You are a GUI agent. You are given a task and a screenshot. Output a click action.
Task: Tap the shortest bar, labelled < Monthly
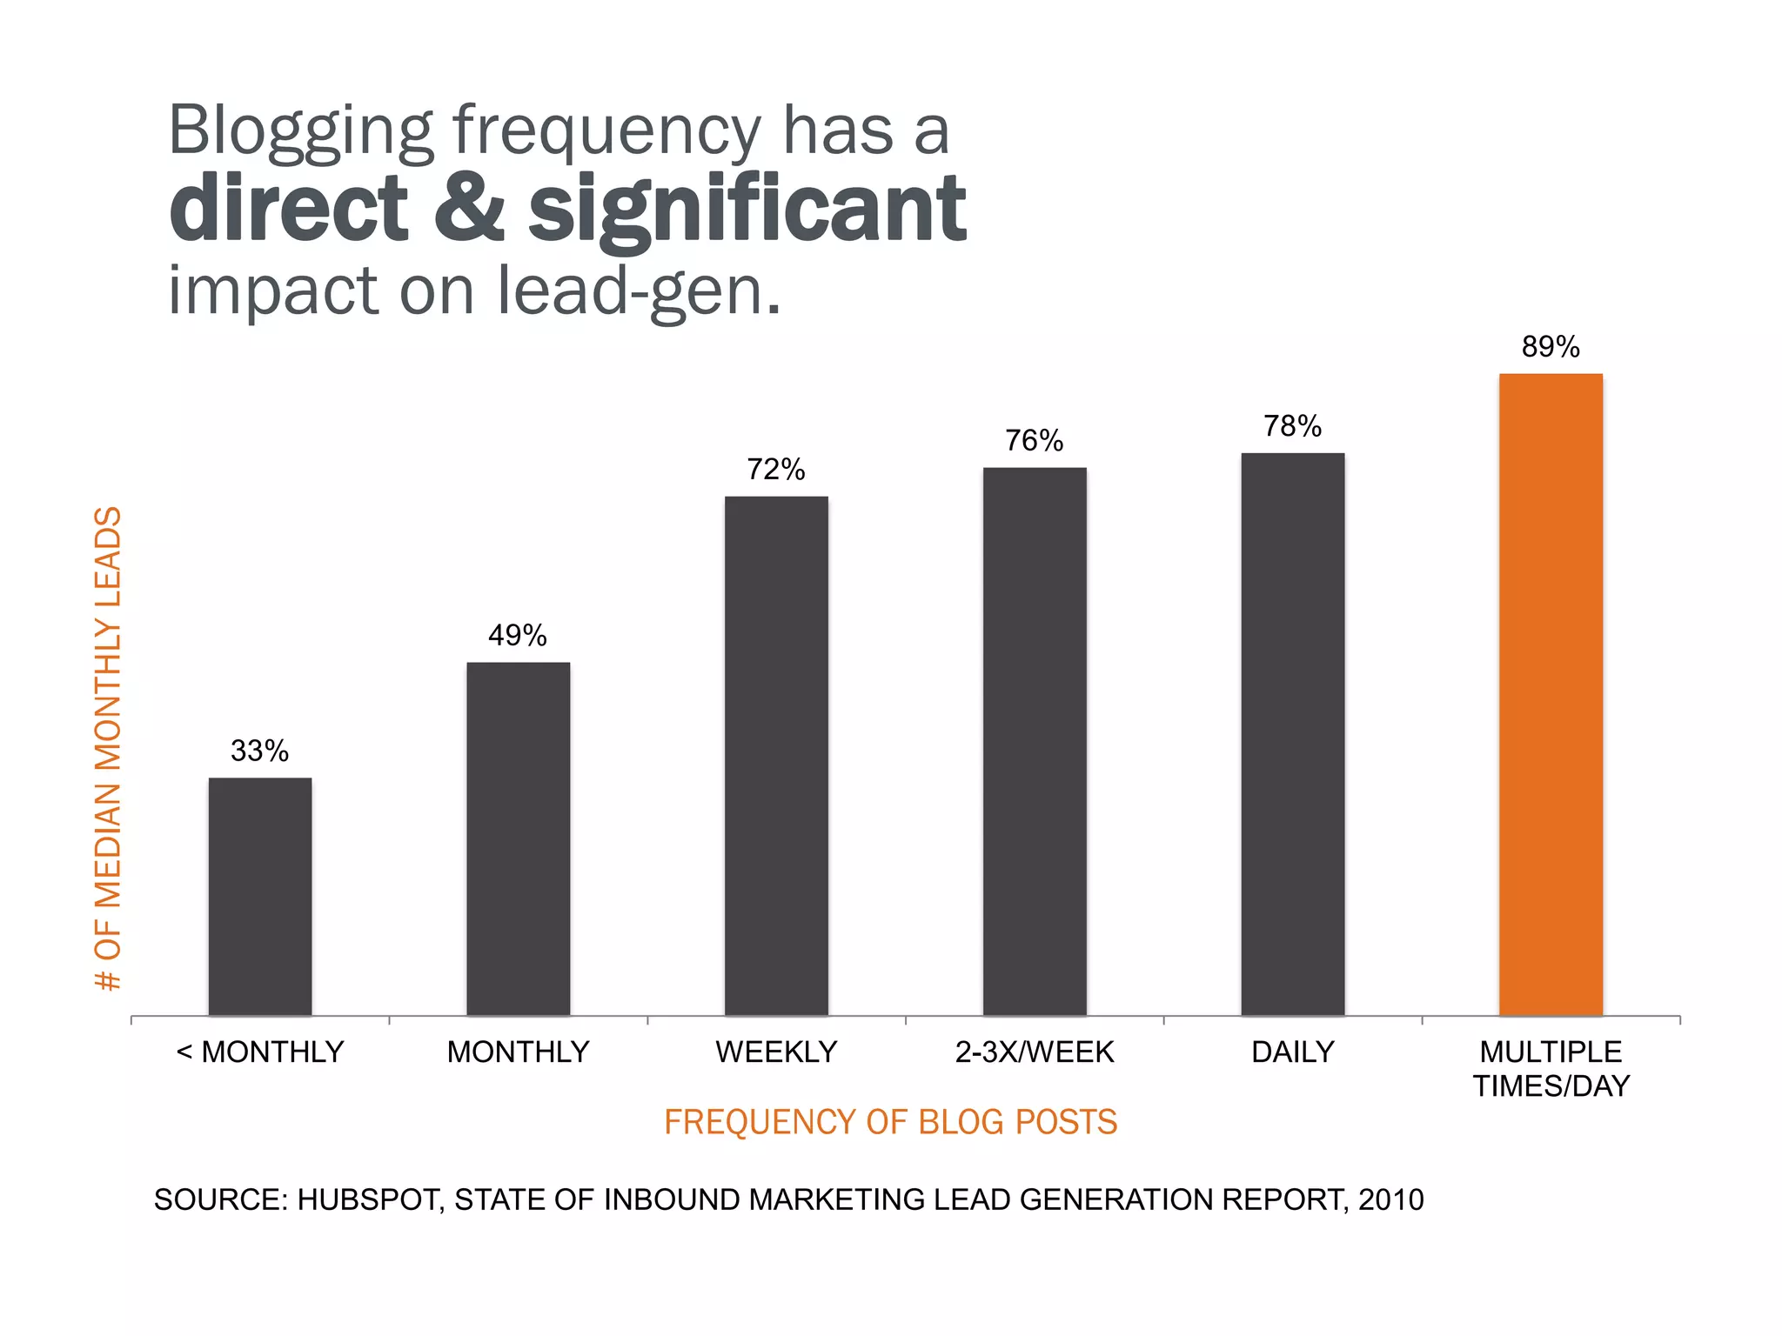[260, 896]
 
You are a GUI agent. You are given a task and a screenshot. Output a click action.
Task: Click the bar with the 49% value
[518, 838]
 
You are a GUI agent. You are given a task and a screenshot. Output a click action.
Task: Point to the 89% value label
[1551, 347]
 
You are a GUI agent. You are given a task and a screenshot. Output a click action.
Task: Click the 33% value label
[259, 751]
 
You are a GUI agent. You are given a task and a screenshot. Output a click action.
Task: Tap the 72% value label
[776, 470]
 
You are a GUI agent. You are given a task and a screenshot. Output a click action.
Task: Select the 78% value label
[1292, 426]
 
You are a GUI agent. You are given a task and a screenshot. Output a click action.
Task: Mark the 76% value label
[1034, 441]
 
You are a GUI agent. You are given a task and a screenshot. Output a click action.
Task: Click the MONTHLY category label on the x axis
[518, 1052]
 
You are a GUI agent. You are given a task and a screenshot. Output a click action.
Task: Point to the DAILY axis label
[1292, 1052]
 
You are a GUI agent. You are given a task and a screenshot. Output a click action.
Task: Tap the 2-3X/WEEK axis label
[1035, 1052]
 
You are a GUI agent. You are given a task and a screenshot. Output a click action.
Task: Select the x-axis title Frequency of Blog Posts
[890, 1122]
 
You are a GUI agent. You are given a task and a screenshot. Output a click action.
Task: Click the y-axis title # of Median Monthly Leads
[109, 748]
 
